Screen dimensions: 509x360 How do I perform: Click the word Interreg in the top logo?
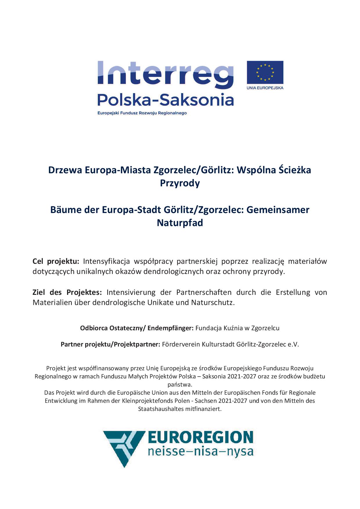pos(165,75)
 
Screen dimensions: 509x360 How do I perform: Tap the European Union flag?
pos(265,73)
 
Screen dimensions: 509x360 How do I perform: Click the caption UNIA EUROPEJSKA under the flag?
pos(265,88)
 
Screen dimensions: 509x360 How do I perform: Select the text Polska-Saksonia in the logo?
pos(165,100)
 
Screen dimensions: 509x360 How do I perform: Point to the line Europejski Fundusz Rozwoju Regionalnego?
pos(142,113)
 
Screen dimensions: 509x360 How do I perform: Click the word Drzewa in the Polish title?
pos(65,170)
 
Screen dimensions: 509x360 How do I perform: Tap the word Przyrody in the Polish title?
pos(180,183)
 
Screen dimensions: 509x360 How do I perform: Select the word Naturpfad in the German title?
pos(180,223)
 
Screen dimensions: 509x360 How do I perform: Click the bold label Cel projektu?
pos(56,261)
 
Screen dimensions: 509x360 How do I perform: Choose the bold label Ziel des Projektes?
pos(67,292)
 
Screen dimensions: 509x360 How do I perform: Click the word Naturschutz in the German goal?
pos(212,303)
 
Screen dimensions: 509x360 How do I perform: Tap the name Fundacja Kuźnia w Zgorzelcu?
pos(237,328)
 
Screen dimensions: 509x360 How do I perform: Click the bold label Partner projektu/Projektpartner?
pos(110,344)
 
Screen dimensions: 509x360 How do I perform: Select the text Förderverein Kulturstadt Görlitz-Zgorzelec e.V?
pos(230,344)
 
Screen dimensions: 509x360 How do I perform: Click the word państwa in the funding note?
pos(180,385)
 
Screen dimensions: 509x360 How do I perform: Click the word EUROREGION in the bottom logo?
pos(200,437)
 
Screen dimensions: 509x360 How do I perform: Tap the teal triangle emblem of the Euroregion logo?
pos(123,447)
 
